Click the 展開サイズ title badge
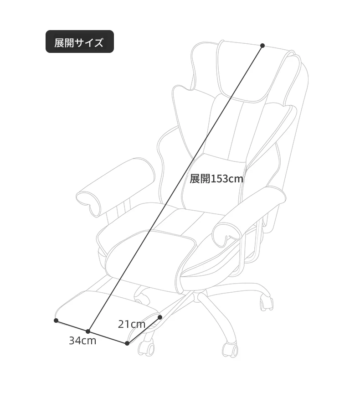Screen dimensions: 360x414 (x=80, y=41)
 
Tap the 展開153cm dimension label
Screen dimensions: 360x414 (x=216, y=179)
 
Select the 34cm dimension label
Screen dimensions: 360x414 (x=82, y=341)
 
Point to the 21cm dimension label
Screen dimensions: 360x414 (x=132, y=324)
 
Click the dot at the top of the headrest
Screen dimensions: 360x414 (x=262, y=46)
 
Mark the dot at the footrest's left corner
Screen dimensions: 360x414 (x=56, y=320)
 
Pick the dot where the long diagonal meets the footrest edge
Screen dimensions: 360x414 (x=88, y=331)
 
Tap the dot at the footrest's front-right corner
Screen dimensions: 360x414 (x=127, y=343)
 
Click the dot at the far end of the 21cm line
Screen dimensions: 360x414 (x=159, y=317)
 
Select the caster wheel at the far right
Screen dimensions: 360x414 (x=267, y=302)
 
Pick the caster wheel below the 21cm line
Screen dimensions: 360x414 (x=146, y=347)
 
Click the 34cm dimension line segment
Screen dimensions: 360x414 (x=92, y=332)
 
